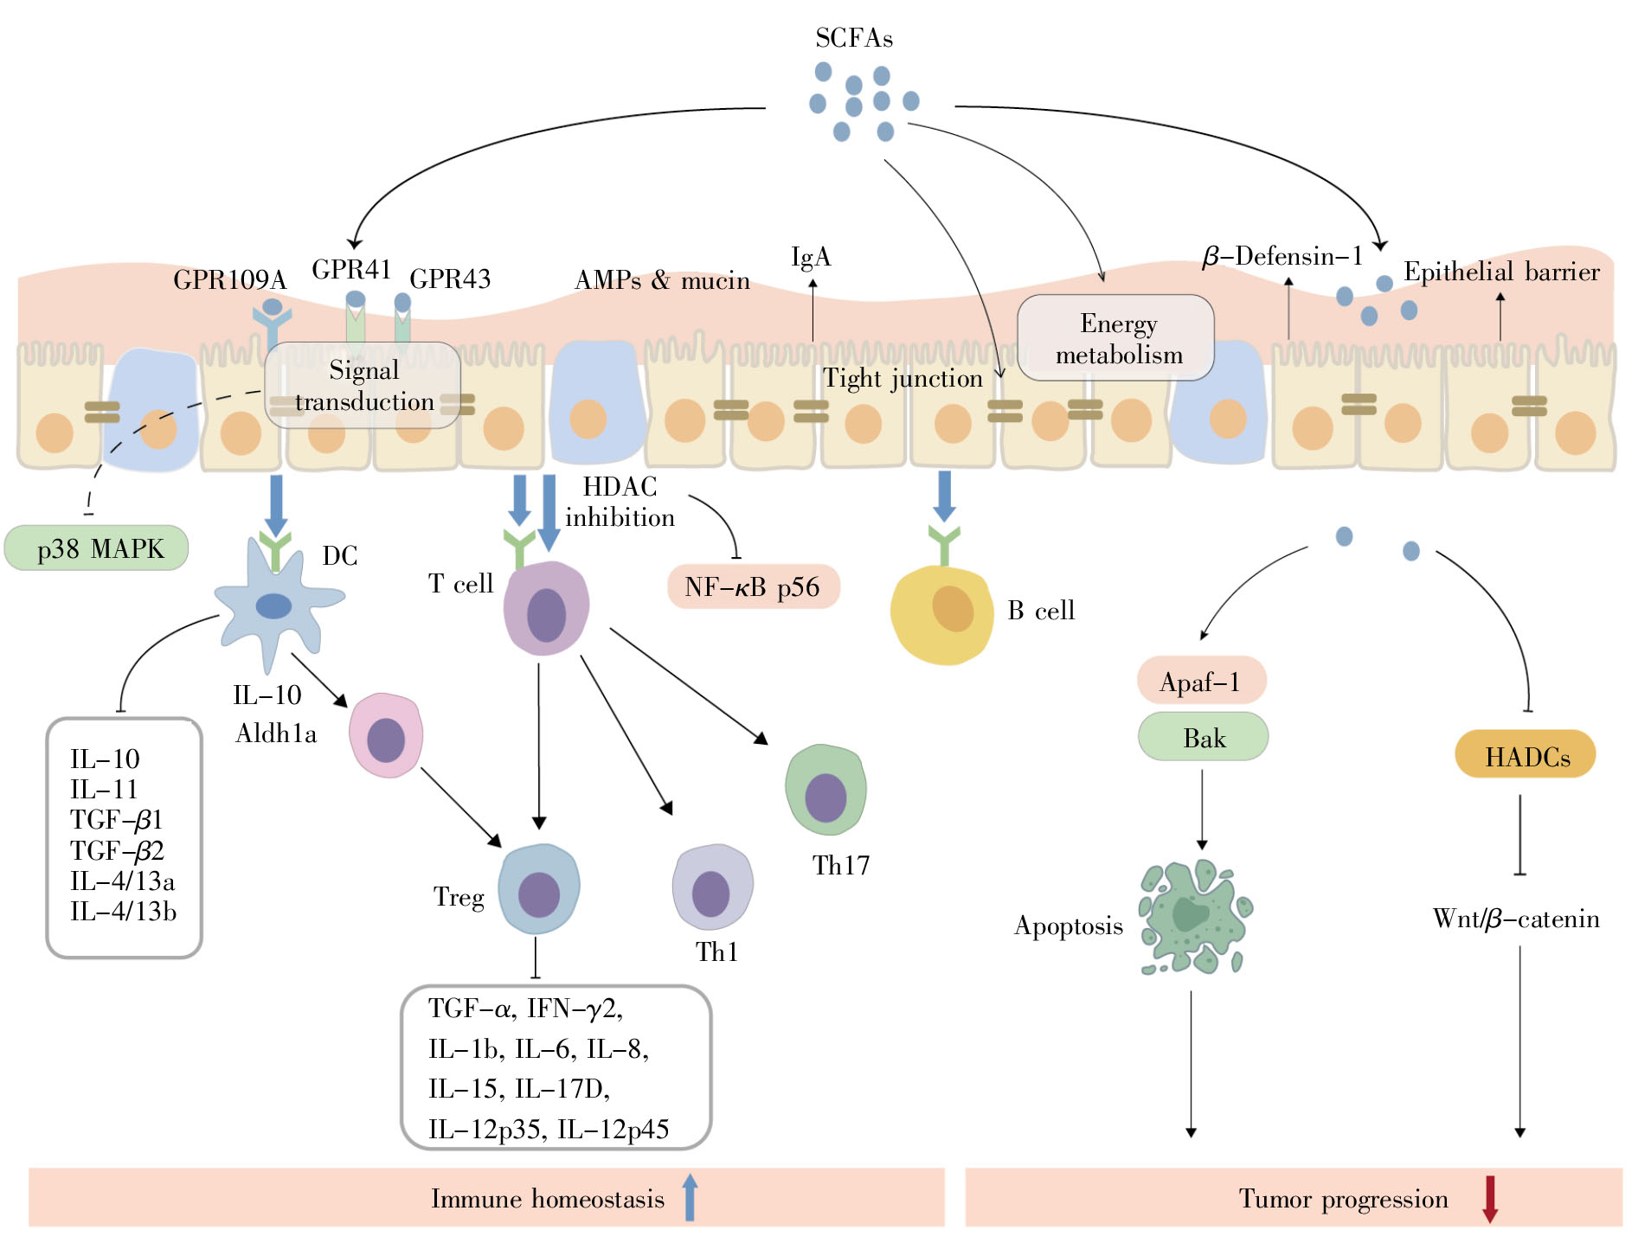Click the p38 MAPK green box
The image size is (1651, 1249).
pyautogui.click(x=97, y=548)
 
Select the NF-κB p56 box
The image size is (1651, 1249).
pyautogui.click(x=752, y=587)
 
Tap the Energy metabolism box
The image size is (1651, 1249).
pyautogui.click(x=1116, y=338)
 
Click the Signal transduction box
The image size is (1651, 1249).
pyautogui.click(x=363, y=386)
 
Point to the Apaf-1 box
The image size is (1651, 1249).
pyautogui.click(x=1201, y=682)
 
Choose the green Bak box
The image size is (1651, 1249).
pyautogui.click(x=1203, y=738)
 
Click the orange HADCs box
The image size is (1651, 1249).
pyautogui.click(x=1526, y=755)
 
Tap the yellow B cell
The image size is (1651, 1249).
pyautogui.click(x=942, y=614)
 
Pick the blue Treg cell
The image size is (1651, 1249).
pyautogui.click(x=539, y=890)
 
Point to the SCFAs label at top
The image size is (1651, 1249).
pyautogui.click(x=853, y=38)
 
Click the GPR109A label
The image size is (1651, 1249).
pyautogui.click(x=229, y=280)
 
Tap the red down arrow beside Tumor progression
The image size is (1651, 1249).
pyautogui.click(x=1489, y=1199)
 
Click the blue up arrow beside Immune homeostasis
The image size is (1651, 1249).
pyautogui.click(x=690, y=1198)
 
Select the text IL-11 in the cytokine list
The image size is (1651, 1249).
pyautogui.click(x=104, y=790)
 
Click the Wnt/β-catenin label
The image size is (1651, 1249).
pyautogui.click(x=1515, y=919)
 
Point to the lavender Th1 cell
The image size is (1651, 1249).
pyautogui.click(x=712, y=888)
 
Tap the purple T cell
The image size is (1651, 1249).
pyautogui.click(x=546, y=609)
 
